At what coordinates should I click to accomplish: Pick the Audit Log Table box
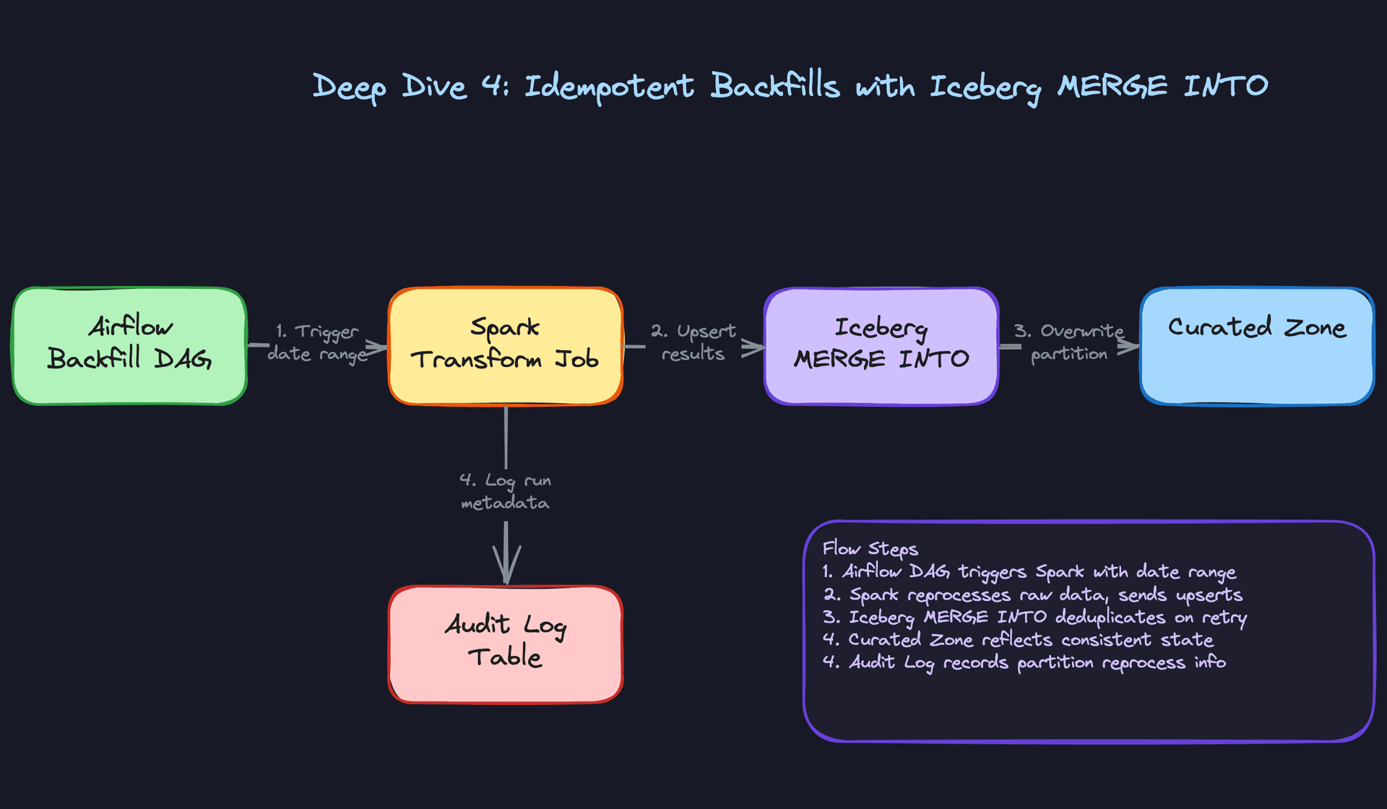tap(506, 644)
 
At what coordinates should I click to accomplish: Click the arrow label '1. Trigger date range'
tap(316, 342)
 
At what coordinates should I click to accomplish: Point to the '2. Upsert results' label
tap(693, 342)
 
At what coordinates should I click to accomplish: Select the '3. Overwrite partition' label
tap(1068, 342)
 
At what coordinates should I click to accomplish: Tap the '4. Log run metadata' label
tap(505, 491)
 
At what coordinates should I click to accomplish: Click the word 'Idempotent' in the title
tap(609, 87)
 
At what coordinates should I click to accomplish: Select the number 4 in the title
tap(493, 86)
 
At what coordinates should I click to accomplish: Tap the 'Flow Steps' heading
tap(870, 549)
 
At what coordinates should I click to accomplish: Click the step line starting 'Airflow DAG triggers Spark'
tap(1029, 572)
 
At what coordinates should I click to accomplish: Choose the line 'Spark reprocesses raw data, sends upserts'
tap(1033, 594)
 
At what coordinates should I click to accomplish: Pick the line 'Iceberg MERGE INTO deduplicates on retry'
tap(1034, 617)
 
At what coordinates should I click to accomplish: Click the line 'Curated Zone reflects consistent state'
tap(1018, 639)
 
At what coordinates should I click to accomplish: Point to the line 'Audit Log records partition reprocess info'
tap(1024, 662)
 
